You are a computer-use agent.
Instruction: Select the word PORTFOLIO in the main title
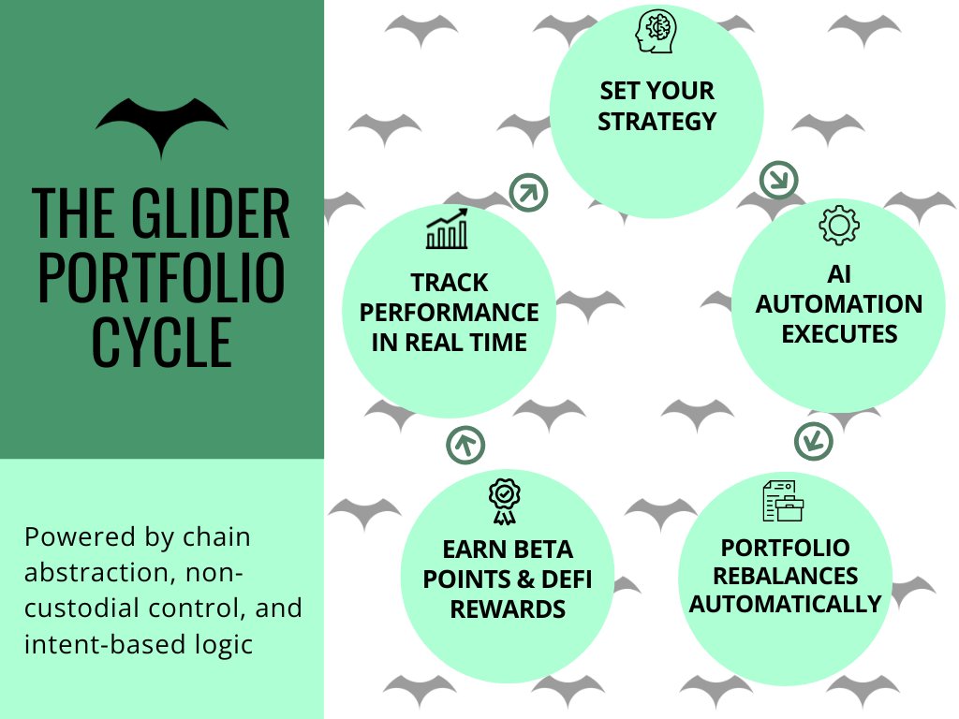tap(162, 278)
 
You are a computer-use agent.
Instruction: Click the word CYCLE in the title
tap(162, 342)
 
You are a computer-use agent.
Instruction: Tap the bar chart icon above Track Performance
tap(448, 230)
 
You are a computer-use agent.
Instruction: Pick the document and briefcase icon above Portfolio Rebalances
tap(784, 501)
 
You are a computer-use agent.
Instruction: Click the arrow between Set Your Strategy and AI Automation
tap(778, 179)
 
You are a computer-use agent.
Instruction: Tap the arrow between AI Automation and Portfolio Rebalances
tap(814, 440)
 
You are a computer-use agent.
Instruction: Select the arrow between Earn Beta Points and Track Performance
tap(465, 444)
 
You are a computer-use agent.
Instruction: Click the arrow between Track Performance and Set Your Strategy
tap(528, 193)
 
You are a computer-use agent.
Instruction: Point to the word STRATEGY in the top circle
tap(657, 121)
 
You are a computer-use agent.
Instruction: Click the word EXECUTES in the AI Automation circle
tap(839, 333)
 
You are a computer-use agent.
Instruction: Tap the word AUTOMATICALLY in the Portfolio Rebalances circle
tap(786, 604)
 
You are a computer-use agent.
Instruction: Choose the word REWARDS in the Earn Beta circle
tap(508, 609)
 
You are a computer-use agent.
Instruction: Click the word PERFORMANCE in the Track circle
tap(450, 312)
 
